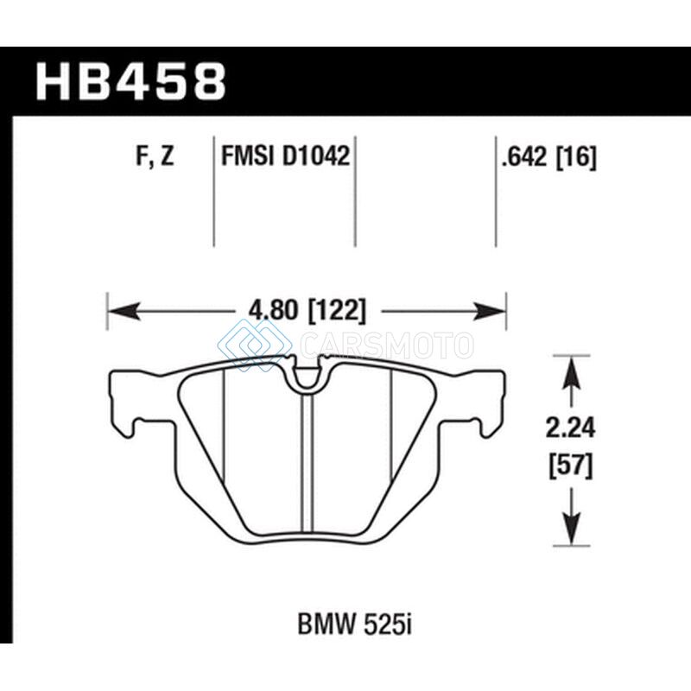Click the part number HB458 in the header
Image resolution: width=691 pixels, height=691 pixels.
coord(131,81)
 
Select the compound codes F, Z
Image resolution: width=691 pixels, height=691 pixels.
coord(155,156)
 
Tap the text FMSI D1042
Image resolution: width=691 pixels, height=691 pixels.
coord(285,156)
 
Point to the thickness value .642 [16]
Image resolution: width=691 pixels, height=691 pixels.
coord(548,156)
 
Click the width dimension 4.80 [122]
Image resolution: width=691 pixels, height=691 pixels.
coord(307,311)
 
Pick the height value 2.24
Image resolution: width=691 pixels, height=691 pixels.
coord(571,428)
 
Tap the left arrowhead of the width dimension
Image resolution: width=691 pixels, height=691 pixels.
coord(124,311)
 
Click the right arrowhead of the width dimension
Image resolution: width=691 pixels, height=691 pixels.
coord(489,311)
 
